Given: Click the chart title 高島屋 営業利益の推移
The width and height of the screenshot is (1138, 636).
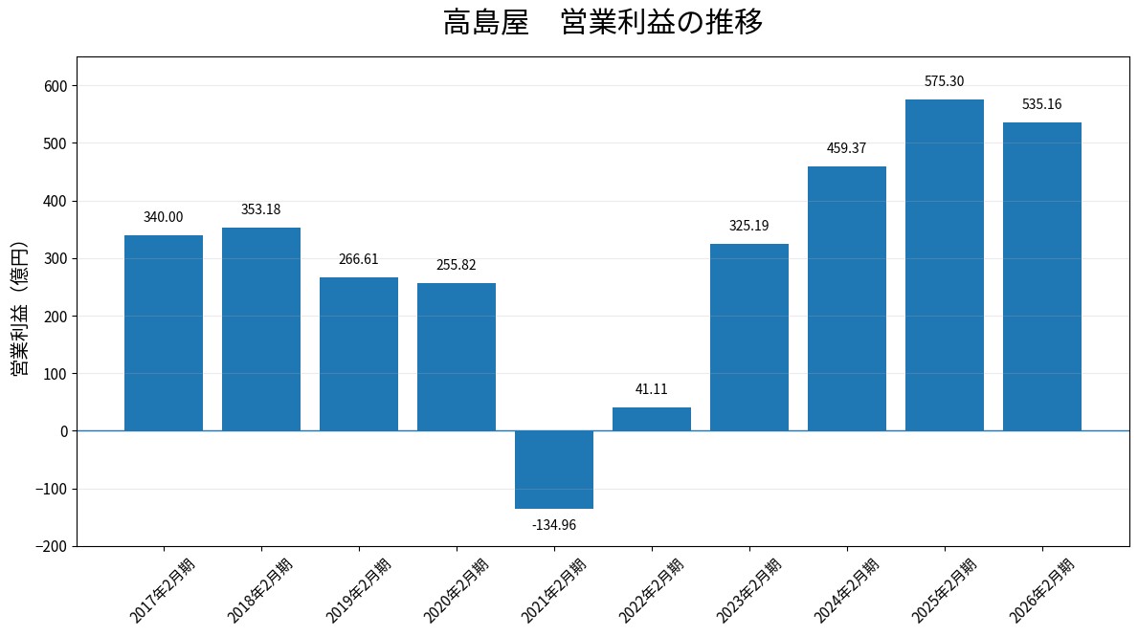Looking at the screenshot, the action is click(x=602, y=23).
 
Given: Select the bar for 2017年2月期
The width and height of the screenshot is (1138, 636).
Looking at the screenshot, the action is click(x=164, y=333).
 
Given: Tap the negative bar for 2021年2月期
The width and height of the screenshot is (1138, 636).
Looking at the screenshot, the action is click(x=554, y=470).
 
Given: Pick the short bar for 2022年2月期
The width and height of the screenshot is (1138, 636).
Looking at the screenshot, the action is click(x=652, y=419).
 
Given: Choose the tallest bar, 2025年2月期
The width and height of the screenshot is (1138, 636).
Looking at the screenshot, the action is click(x=945, y=266).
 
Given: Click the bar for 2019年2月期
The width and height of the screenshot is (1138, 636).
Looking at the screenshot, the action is click(x=359, y=354).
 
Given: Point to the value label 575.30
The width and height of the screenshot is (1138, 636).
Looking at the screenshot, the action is click(x=945, y=81).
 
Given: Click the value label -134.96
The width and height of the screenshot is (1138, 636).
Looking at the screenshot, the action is click(x=554, y=525).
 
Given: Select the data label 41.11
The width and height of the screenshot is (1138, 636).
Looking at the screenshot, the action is click(x=652, y=389).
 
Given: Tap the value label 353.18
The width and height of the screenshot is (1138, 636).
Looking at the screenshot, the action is click(x=260, y=209).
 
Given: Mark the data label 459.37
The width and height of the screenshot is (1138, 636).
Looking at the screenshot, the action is click(x=846, y=148).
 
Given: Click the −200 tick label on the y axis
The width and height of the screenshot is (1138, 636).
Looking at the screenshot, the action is click(x=52, y=546).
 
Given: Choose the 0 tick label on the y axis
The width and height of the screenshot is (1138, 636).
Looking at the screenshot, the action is click(x=64, y=431).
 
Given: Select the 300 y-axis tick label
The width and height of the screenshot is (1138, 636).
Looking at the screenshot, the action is click(x=56, y=259).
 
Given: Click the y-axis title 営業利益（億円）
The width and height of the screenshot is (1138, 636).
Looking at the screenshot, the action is click(x=19, y=309).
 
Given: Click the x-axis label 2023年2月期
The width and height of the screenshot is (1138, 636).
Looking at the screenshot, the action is click(x=749, y=590).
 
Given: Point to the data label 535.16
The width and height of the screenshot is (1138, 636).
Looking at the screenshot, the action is click(x=1041, y=104).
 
